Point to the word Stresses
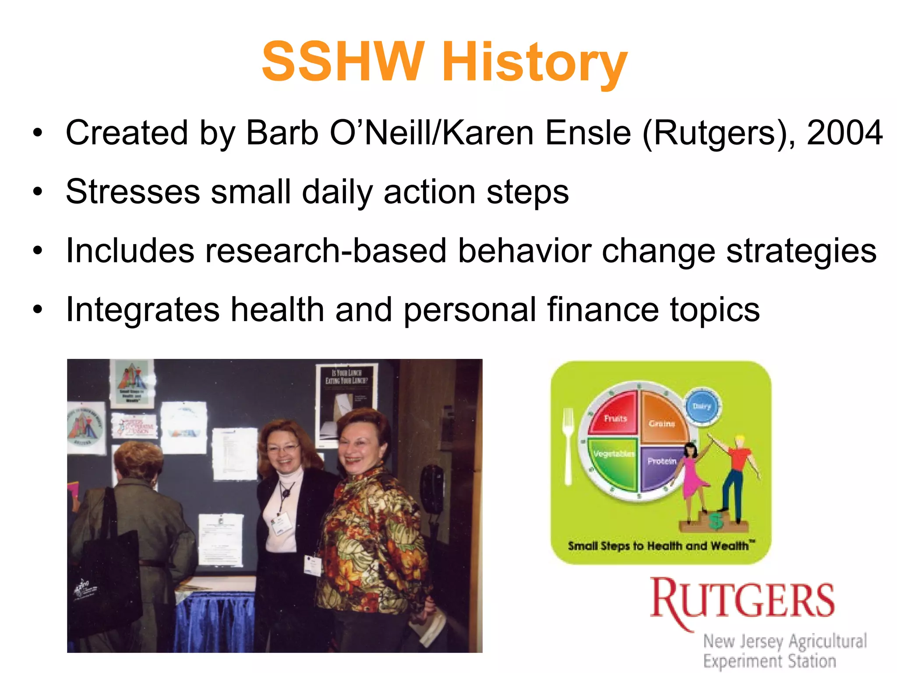133,192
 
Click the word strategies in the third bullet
801,251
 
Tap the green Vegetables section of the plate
613,462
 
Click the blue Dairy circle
702,407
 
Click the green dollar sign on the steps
716,521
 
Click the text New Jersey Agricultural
784,641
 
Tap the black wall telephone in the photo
432,489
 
